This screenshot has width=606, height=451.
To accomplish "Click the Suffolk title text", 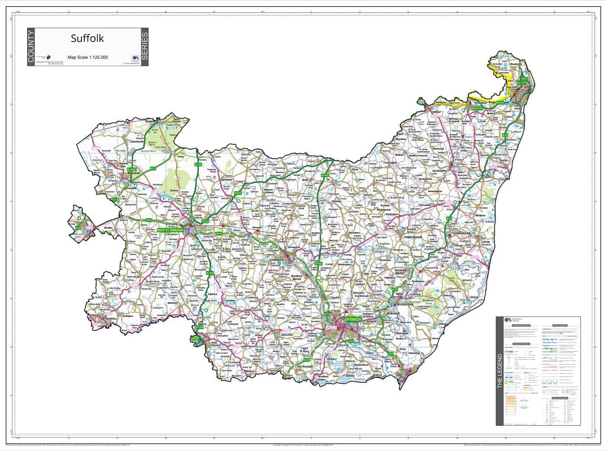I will tap(87, 38).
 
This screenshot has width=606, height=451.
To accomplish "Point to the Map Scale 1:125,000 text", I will tap(87, 57).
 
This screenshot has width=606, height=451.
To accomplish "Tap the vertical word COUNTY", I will tap(31, 47).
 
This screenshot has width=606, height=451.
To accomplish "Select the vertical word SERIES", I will tap(145, 47).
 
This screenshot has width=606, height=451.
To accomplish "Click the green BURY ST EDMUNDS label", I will tap(174, 231).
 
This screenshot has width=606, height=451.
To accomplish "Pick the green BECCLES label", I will tap(477, 108).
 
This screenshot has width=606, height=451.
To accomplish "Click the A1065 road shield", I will tap(132, 170).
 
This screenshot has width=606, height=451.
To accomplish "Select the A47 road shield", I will tap(524, 78).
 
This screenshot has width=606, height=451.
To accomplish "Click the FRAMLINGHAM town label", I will tap(413, 237).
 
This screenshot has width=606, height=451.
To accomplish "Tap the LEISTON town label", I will tap(486, 242).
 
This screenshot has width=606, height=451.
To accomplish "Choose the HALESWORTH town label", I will tap(439, 171).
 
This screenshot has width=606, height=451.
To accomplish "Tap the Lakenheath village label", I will tap(137, 141).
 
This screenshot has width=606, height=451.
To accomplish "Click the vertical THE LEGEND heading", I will tap(500, 371).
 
